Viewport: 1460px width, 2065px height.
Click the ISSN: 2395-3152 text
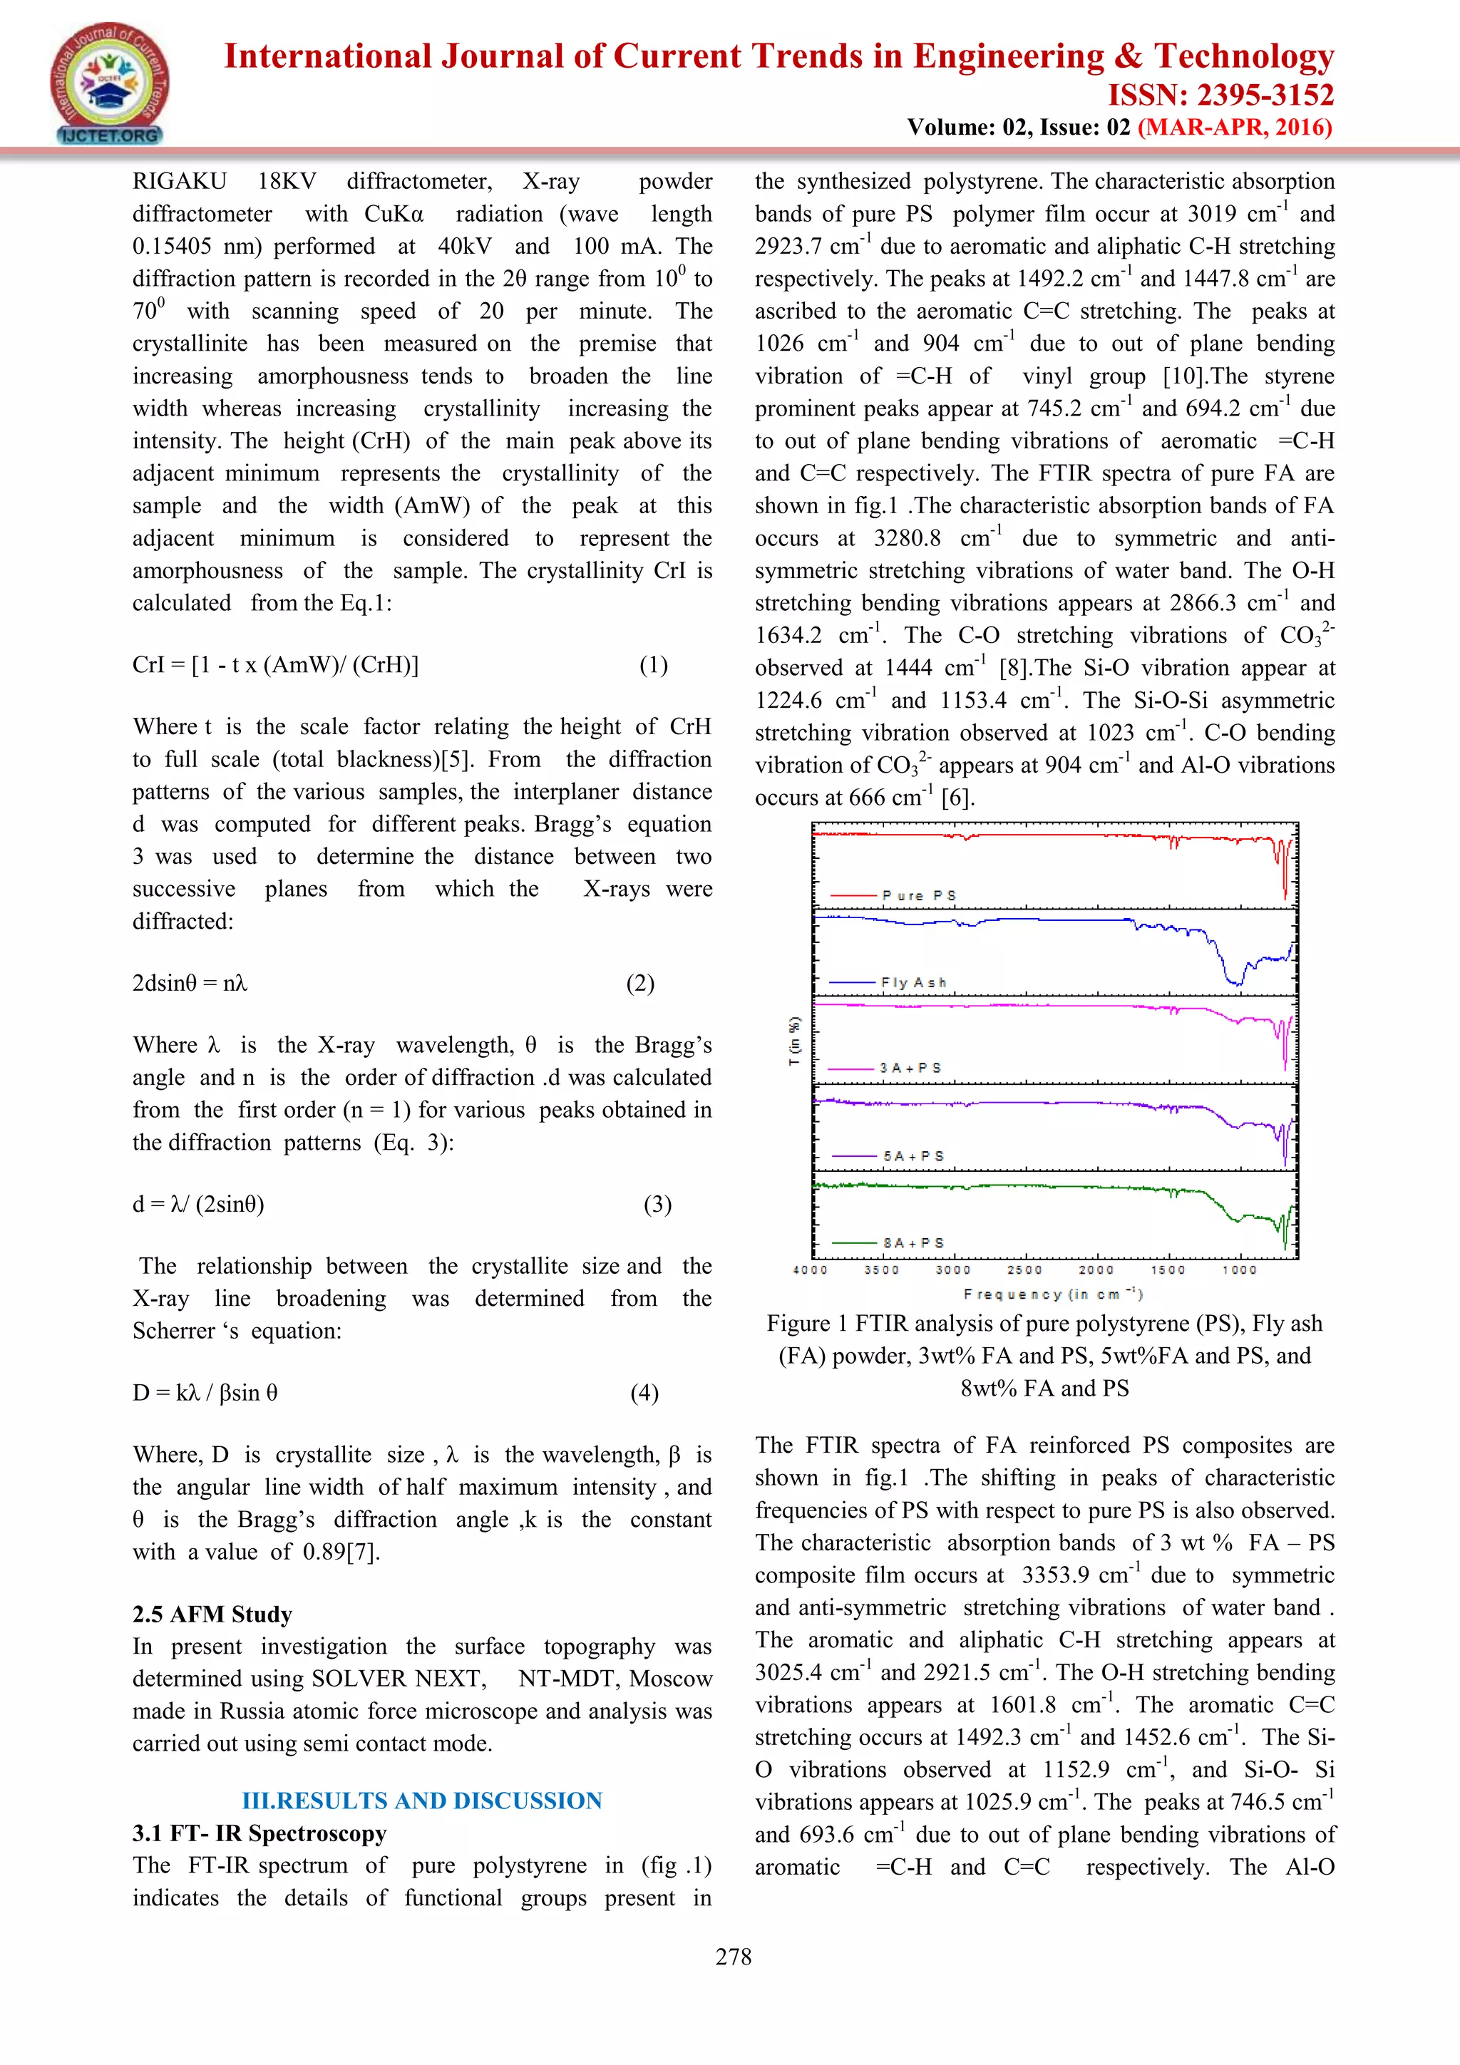pyautogui.click(x=1220, y=96)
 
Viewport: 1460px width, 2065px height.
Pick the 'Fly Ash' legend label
pyautogui.click(x=913, y=982)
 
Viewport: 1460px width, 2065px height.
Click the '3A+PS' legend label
pyautogui.click(x=910, y=1068)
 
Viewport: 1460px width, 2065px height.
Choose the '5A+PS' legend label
pyautogui.click(x=913, y=1155)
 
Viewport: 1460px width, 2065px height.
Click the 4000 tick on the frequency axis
pyautogui.click(x=811, y=1270)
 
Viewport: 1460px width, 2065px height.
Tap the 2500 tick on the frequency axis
pyautogui.click(x=1024, y=1270)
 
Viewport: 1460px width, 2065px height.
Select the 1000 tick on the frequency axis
pyautogui.click(x=1240, y=1270)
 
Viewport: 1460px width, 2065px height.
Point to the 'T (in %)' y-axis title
pyautogui.click(x=793, y=1041)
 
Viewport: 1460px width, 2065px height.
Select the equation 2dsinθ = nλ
pyautogui.click(x=190, y=982)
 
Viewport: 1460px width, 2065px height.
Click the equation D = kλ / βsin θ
pyautogui.click(x=205, y=1392)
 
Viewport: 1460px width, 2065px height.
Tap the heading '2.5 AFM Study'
pyautogui.click(x=212, y=1614)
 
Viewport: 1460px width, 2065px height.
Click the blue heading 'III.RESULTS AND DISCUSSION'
pyautogui.click(x=422, y=1801)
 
